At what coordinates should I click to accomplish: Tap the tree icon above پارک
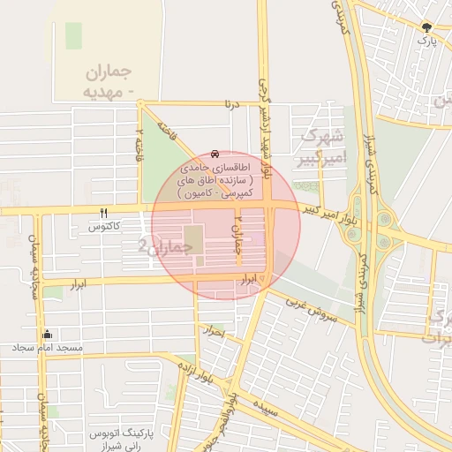click(x=427, y=27)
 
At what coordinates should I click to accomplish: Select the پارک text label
click(x=427, y=41)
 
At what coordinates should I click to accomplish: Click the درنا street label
click(x=231, y=104)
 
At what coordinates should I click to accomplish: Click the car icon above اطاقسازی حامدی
click(x=216, y=154)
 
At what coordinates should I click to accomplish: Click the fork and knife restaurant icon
click(x=104, y=213)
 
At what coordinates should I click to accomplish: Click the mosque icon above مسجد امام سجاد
click(x=46, y=335)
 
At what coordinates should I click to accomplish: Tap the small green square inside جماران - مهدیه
click(x=73, y=35)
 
